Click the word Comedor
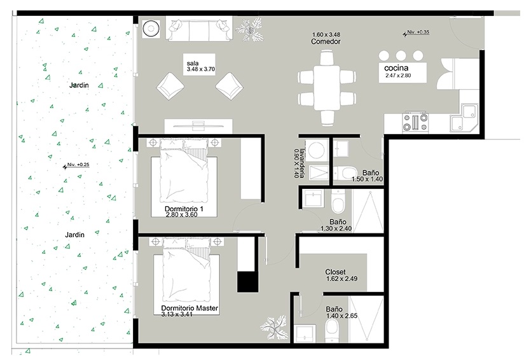(326, 41)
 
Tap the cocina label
(396, 68)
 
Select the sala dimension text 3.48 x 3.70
(201, 69)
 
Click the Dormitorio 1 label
(184, 209)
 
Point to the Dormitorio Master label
(190, 308)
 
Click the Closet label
(335, 272)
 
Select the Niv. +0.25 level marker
(76, 165)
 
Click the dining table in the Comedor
(326, 87)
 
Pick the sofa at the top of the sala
(199, 29)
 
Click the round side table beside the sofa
(151, 29)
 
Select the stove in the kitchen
(415, 122)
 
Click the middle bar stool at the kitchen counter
(401, 55)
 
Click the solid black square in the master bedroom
(247, 282)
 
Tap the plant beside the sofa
(250, 29)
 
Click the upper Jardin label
(79, 85)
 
